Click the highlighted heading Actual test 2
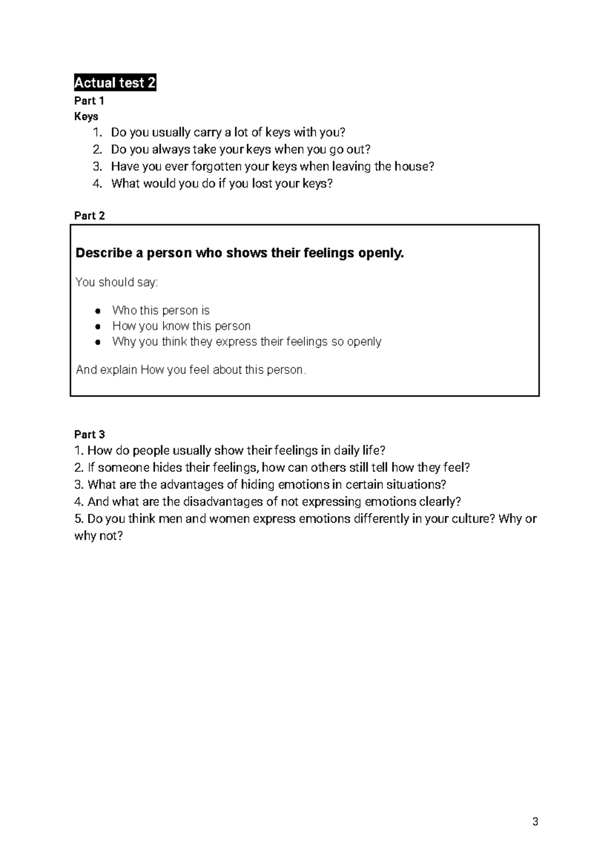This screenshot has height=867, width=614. tap(115, 82)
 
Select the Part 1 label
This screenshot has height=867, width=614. tap(89, 101)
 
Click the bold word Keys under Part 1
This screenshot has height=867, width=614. tap(86, 117)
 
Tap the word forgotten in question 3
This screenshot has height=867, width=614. tap(216, 166)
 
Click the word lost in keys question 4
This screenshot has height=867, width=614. tap(262, 183)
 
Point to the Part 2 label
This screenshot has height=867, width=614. tap(90, 216)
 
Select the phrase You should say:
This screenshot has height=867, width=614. tap(117, 283)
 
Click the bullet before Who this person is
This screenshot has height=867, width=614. tap(97, 311)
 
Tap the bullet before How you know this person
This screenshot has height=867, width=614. tap(97, 326)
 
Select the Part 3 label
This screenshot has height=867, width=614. tap(90, 435)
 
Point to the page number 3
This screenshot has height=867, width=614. tap(535, 822)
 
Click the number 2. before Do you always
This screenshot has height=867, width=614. tap(97, 149)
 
